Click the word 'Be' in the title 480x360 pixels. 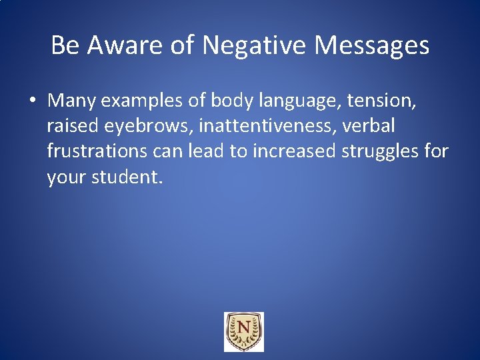(65, 45)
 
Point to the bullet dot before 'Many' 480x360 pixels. (33, 101)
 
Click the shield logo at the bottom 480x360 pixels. (243, 331)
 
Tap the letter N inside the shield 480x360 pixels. (243, 328)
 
